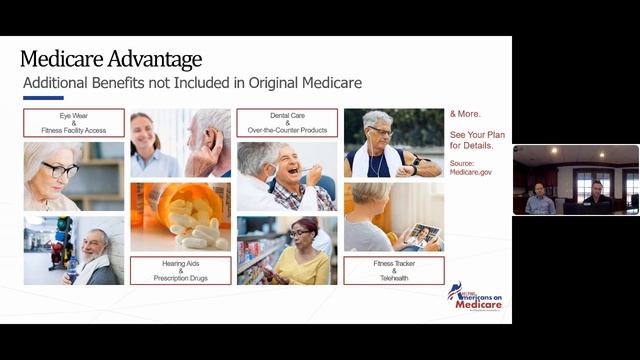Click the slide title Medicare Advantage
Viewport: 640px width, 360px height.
pyautogui.click(x=110, y=59)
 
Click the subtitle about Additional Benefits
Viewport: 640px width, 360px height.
pyautogui.click(x=192, y=83)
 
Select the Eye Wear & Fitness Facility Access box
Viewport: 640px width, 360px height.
pyautogui.click(x=74, y=123)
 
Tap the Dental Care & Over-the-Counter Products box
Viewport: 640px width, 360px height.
pyautogui.click(x=286, y=123)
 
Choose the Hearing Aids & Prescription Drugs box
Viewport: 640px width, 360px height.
pyautogui.click(x=180, y=270)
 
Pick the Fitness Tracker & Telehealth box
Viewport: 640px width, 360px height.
pyautogui.click(x=393, y=270)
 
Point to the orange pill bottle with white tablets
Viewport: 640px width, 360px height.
pyautogui.click(x=180, y=215)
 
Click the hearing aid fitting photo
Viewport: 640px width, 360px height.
pyautogui.click(x=180, y=143)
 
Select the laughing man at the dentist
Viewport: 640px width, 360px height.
pyautogui.click(x=286, y=175)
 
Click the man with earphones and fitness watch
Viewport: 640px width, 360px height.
pyautogui.click(x=393, y=143)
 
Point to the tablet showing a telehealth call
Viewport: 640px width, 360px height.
pyautogui.click(x=420, y=235)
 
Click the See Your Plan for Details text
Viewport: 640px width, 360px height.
pyautogui.click(x=471, y=139)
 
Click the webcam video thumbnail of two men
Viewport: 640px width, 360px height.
pyautogui.click(x=575, y=180)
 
